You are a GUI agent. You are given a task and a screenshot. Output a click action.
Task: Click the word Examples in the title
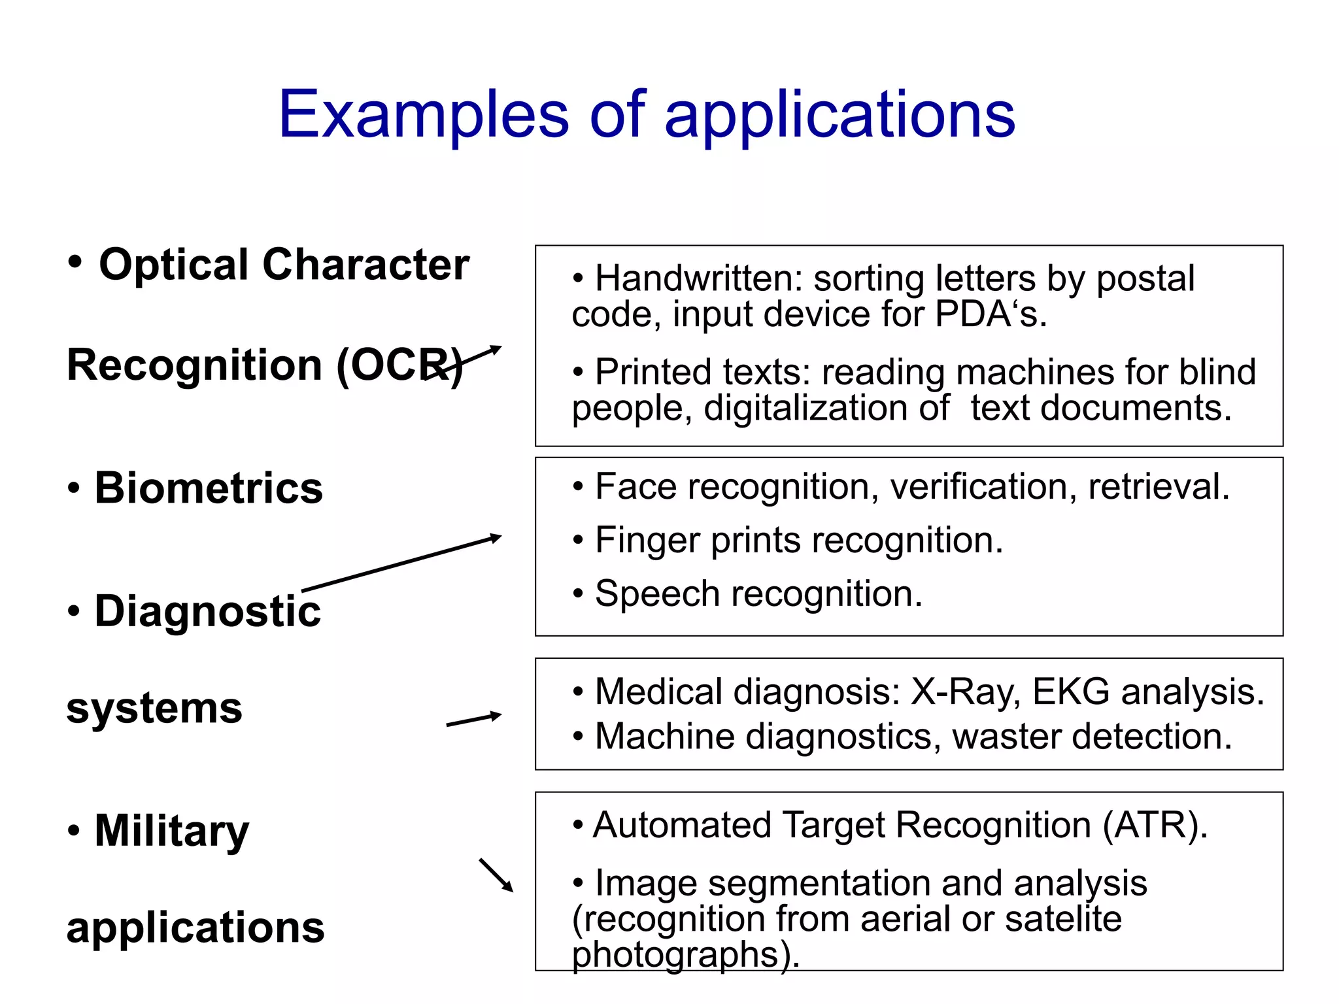click(424, 116)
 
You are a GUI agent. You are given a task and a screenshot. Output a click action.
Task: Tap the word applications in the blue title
click(839, 116)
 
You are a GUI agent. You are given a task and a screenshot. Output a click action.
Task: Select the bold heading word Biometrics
click(209, 488)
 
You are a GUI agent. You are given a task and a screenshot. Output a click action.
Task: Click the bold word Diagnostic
click(208, 611)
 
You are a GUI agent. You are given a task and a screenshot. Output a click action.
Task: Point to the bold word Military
click(171, 831)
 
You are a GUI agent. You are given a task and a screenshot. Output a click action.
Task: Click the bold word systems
click(154, 708)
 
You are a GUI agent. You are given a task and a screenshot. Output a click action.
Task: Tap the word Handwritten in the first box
click(698, 278)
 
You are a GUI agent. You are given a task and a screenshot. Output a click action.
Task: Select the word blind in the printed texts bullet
click(1217, 372)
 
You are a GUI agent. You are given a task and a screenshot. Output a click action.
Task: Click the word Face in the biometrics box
click(636, 487)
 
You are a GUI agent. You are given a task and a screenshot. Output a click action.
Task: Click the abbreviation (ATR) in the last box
click(1155, 825)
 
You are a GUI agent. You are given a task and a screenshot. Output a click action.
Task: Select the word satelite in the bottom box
click(1063, 919)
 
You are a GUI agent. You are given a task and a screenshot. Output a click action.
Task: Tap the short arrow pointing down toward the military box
click(496, 875)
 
